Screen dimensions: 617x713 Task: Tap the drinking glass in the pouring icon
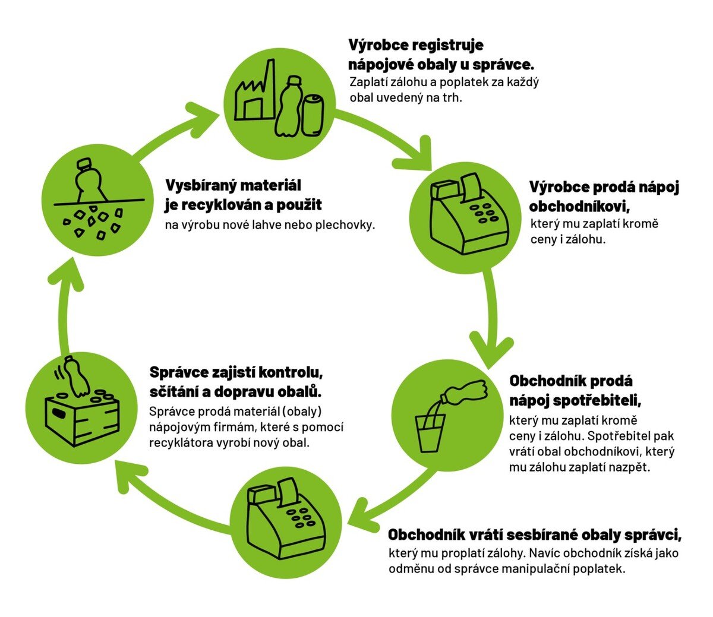tap(430, 432)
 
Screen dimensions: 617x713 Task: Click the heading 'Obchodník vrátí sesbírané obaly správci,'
tap(534, 534)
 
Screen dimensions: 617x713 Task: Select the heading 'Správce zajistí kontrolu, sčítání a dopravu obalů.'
tap(236, 382)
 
